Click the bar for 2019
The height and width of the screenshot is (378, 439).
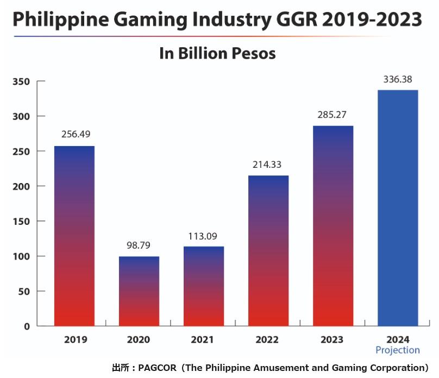pyautogui.click(x=74, y=236)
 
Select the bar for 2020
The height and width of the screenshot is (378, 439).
pyautogui.click(x=139, y=291)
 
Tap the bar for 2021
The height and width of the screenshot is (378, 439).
pyautogui.click(x=203, y=286)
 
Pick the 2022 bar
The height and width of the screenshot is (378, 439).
pyautogui.click(x=268, y=250)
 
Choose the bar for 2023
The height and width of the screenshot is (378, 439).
pyautogui.click(x=333, y=226)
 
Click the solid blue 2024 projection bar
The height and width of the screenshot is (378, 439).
pyautogui.click(x=398, y=208)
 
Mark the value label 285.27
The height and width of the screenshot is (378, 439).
pyautogui.click(x=333, y=115)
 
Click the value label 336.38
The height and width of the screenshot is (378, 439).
pyautogui.click(x=398, y=79)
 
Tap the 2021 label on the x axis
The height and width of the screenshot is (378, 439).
pyautogui.click(x=203, y=340)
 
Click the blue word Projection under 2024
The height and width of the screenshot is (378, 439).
pyautogui.click(x=398, y=350)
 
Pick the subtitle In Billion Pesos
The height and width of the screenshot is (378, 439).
pyautogui.click(x=217, y=54)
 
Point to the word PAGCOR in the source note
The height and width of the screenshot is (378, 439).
pyautogui.click(x=157, y=368)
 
